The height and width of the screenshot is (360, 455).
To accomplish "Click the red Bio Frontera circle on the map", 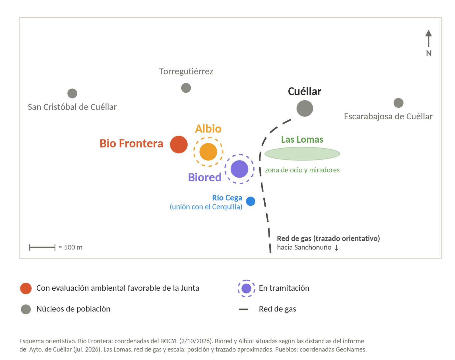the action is pos(179,145).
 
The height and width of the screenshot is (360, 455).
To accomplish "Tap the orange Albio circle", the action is pos(208,152).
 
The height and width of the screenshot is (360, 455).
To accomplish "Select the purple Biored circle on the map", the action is pos(239,169).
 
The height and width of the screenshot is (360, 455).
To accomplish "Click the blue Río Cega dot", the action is pos(251,201).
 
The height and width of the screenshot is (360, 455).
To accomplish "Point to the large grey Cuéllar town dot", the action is pos(305,108).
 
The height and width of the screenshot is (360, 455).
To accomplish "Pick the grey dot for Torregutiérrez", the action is pos(186,88).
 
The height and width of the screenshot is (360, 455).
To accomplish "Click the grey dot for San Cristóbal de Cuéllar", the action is pos(72,93).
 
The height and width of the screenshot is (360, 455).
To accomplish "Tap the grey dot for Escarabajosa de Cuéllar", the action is pos(398,103).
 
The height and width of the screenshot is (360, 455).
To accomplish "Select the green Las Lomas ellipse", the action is pos(302,154).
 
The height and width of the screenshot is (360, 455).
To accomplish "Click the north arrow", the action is pos(429,38).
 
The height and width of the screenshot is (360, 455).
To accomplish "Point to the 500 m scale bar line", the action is pos(42,247).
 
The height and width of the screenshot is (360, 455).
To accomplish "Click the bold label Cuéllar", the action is pos(305,91).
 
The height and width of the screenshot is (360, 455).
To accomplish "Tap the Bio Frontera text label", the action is pos(131,143).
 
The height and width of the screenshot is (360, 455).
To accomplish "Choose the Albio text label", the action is pos(208,129).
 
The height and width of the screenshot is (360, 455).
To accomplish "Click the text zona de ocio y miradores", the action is pos(302,170).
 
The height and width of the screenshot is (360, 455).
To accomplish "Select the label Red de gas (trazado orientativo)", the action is pos(328,238).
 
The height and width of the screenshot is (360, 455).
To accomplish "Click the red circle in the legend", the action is pos(26,288).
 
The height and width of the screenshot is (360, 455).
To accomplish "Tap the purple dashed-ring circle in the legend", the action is pos(246,288).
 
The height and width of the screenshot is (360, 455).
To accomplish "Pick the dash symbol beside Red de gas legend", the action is pos(243,309).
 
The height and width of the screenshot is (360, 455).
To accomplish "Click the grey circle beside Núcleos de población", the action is pos(26,309).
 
